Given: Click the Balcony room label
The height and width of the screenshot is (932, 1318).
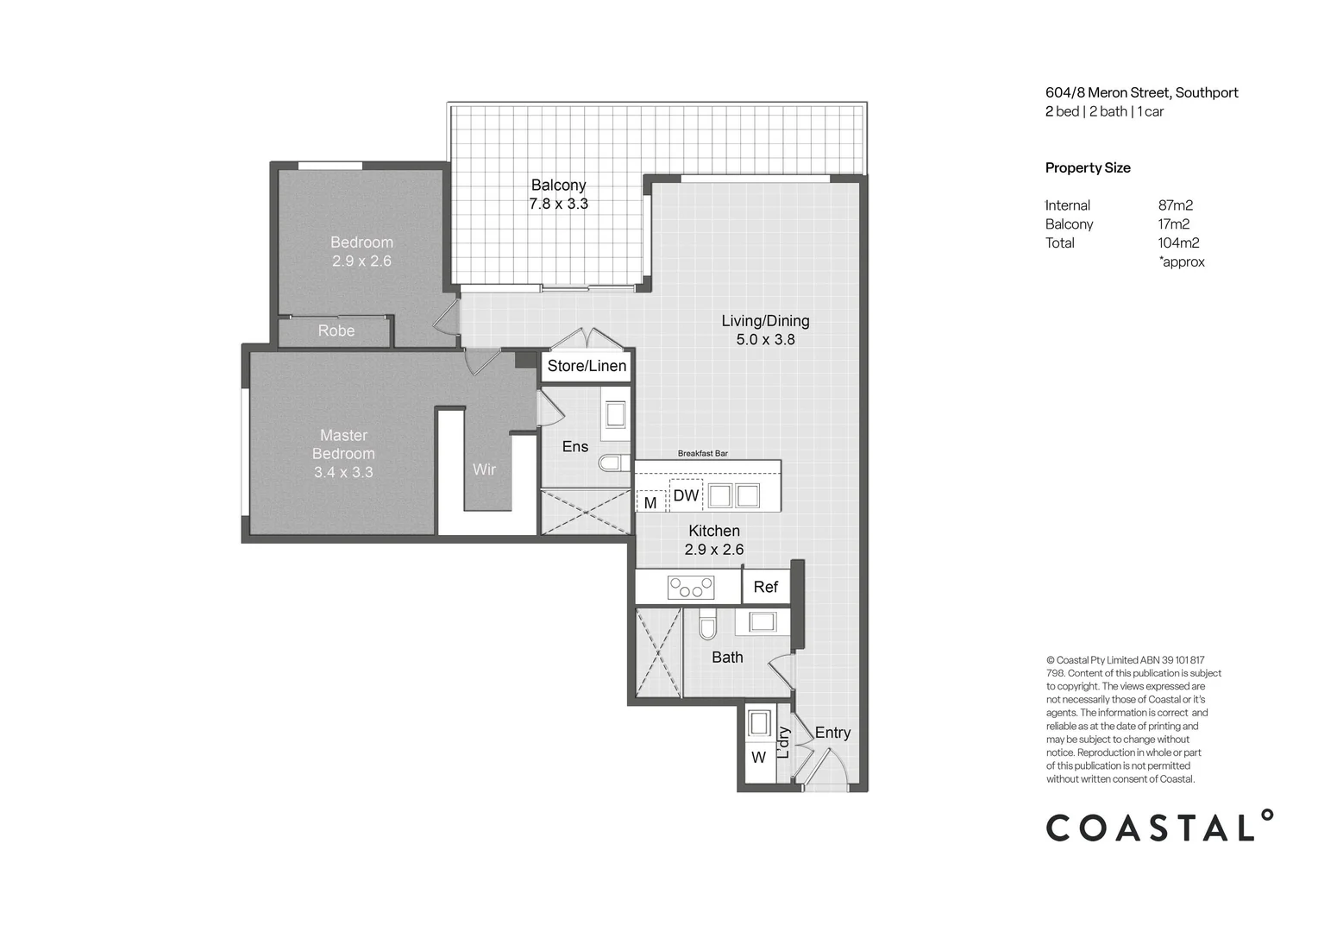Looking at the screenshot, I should [x=558, y=185].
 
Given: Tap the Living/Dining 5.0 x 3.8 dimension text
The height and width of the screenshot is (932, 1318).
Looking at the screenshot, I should [x=765, y=340].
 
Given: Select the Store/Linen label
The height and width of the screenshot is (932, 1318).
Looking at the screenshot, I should [x=587, y=366].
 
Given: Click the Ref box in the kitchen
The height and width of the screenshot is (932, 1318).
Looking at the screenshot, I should [x=765, y=587].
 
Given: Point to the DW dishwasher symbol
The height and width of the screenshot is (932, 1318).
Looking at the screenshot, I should [x=686, y=495].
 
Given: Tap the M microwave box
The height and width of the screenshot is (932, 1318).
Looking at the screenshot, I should [x=650, y=502].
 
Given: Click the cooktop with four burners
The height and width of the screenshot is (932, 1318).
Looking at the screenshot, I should [x=691, y=589].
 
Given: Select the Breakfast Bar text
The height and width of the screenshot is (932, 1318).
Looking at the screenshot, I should [x=702, y=453].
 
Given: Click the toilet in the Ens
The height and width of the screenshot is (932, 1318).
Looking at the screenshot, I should [x=613, y=463].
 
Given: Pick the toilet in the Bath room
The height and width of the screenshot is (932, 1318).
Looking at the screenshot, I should [x=707, y=626].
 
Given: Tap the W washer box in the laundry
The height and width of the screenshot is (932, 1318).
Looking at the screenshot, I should [x=758, y=758].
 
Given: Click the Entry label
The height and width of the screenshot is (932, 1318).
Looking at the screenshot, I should [x=832, y=733].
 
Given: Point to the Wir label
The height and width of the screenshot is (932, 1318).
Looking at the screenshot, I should [x=484, y=469].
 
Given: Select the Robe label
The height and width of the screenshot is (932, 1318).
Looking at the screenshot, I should [x=336, y=331].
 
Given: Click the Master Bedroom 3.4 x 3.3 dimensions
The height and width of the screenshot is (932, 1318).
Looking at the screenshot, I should [x=343, y=472].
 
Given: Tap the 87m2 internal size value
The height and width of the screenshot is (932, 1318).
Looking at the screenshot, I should [x=1175, y=205].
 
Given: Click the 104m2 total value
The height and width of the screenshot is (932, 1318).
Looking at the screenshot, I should [x=1178, y=243].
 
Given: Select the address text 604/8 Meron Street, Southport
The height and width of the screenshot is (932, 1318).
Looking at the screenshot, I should [x=1141, y=92].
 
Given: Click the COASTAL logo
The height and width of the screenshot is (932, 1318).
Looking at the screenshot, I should [x=1158, y=827].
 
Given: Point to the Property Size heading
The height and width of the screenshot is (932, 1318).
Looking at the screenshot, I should [x=1087, y=167].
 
